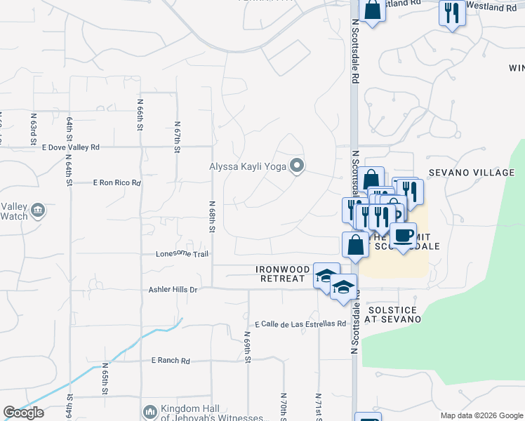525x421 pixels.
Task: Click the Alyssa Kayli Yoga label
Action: [249, 166]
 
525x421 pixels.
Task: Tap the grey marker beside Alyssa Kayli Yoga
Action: [297, 166]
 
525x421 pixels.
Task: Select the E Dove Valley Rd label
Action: [71, 147]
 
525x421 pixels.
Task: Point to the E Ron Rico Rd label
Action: [117, 182]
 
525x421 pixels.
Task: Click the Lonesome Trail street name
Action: [182, 254]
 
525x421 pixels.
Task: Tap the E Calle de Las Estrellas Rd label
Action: [301, 324]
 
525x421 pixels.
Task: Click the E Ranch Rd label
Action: [171, 361]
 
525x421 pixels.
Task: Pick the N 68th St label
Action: [211, 218]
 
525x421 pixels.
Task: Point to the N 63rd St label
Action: [33, 128]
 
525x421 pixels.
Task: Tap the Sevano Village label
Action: [472, 173]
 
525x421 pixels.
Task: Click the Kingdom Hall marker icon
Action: [149, 411]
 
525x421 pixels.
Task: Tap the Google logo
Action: [23, 413]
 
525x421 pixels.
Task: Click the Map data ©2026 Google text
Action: [481, 415]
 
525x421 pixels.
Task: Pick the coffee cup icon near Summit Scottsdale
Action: [403, 236]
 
